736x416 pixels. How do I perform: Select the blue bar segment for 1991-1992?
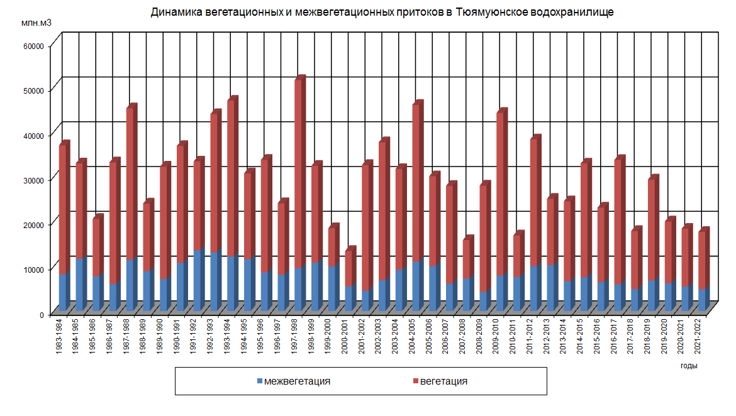197,280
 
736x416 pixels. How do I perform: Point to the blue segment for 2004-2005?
416,286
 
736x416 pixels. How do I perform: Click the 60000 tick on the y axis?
31,46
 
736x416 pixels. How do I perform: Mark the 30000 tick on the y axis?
31,180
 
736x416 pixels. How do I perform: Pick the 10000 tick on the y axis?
31,269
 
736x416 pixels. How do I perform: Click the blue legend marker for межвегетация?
260,381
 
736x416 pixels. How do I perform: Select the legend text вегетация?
443,381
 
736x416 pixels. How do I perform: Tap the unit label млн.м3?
36,23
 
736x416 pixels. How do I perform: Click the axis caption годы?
689,365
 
